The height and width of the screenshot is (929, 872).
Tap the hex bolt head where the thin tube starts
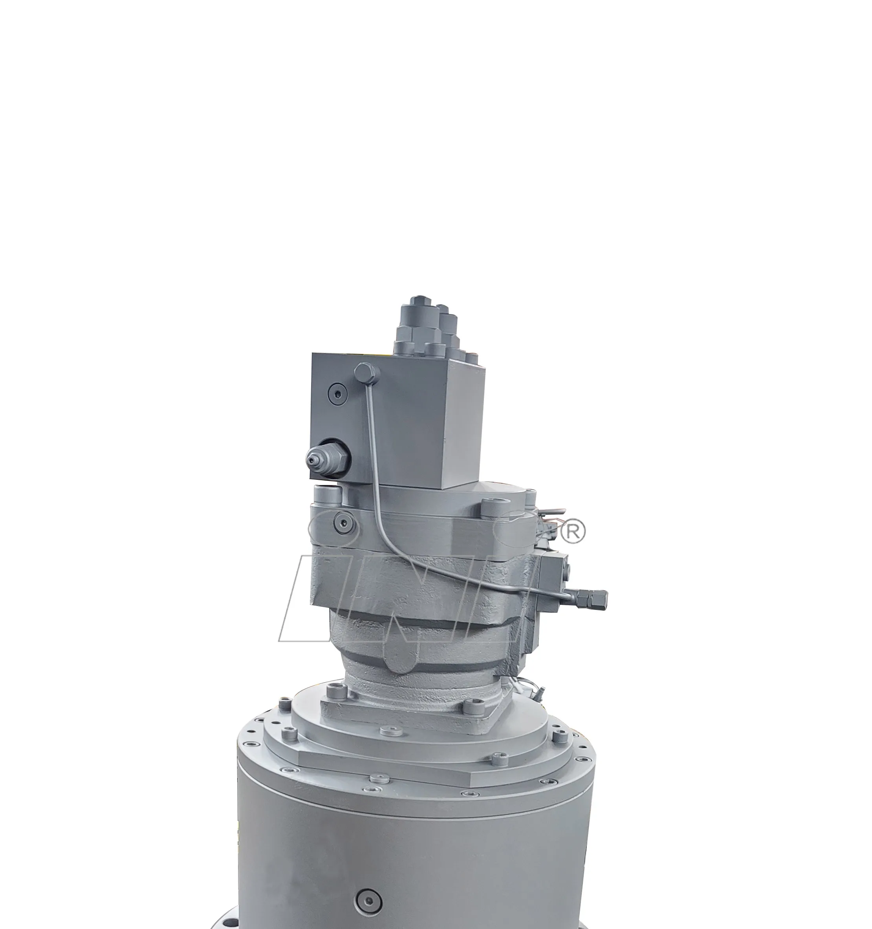[x=366, y=373]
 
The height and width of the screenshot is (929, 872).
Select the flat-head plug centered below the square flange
[x=387, y=731]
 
